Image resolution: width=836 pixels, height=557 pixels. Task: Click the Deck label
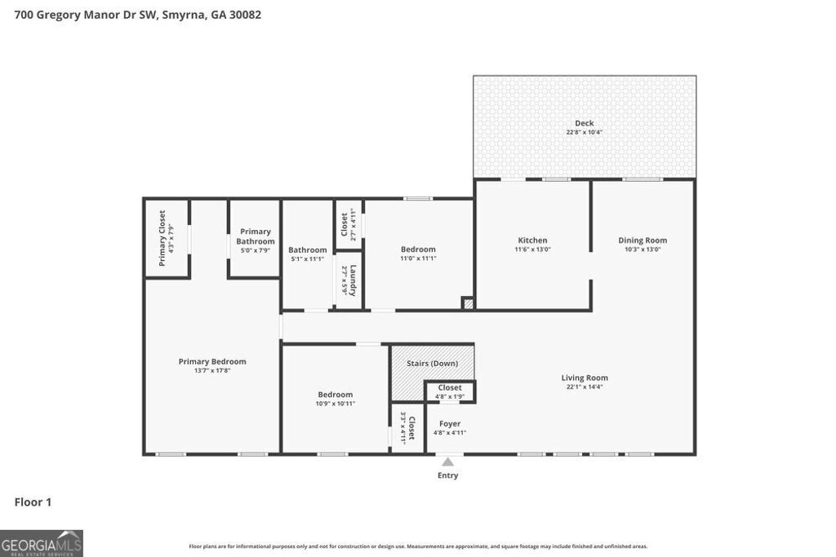click(x=584, y=123)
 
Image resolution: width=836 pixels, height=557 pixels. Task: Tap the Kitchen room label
click(x=532, y=240)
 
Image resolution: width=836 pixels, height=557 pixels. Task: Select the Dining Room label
click(x=642, y=240)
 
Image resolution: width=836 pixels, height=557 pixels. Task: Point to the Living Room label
click(x=584, y=378)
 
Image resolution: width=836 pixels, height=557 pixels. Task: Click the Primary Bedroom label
click(x=212, y=361)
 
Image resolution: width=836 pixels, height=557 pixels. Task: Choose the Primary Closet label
click(x=162, y=238)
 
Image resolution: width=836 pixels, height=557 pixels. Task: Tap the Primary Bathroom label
click(x=255, y=237)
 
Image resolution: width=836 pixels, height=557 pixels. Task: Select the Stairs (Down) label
click(x=432, y=363)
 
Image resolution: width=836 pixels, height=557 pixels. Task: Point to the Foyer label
click(x=450, y=423)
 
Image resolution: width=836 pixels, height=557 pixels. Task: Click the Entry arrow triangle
click(x=447, y=462)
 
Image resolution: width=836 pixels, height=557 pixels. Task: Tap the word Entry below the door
click(x=447, y=475)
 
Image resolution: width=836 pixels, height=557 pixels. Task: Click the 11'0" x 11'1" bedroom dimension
click(x=418, y=259)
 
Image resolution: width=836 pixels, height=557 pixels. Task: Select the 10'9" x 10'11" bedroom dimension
click(x=336, y=404)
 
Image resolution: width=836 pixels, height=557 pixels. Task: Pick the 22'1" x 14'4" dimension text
click(x=584, y=387)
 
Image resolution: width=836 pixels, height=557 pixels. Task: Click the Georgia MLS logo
click(x=42, y=543)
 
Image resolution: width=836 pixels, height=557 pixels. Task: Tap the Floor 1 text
click(x=33, y=502)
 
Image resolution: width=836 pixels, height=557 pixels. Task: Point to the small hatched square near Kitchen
click(x=468, y=303)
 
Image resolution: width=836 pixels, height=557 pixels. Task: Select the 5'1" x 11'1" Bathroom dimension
click(x=307, y=259)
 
